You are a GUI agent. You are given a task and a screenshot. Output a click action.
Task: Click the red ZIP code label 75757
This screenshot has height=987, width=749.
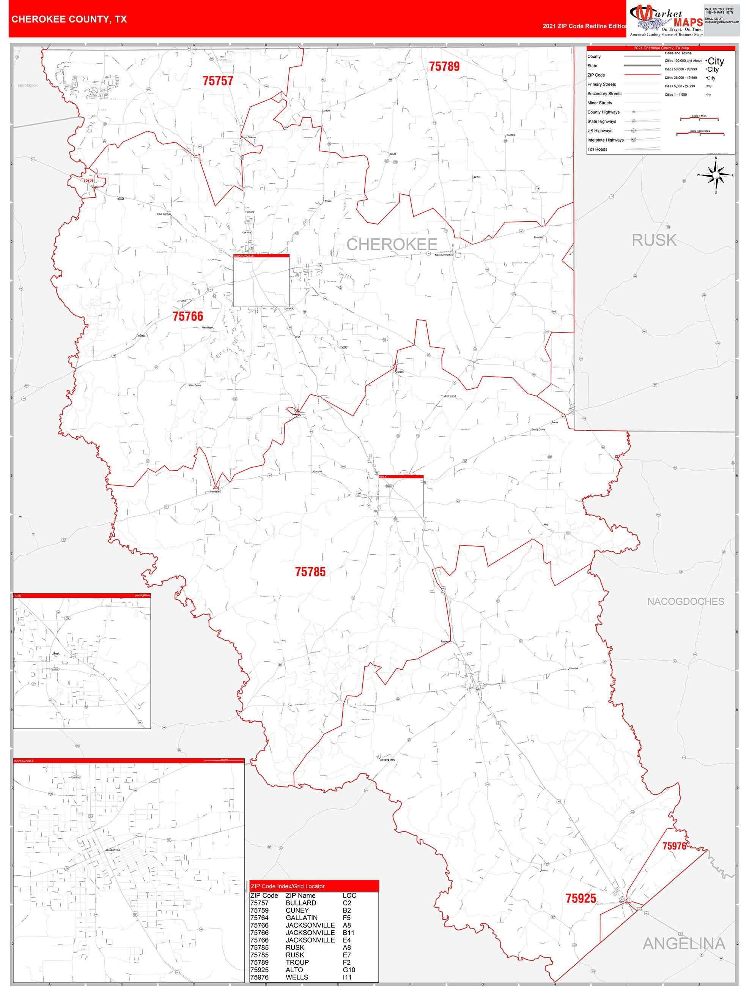pos(218,81)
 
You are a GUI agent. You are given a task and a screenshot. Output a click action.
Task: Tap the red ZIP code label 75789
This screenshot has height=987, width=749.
pos(444,66)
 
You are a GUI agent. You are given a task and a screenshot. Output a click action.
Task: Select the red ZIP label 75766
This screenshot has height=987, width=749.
pos(188,316)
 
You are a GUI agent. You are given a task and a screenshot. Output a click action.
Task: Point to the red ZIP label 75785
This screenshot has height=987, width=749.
pos(310,572)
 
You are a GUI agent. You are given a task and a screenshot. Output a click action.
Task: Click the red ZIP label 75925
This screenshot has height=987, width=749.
pos(581,898)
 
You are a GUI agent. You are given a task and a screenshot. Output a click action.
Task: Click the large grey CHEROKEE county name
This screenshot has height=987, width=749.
pos(392,244)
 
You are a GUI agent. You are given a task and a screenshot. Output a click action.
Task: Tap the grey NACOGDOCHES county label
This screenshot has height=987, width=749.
pos(685,601)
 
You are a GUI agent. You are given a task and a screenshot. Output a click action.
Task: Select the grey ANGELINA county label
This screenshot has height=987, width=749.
pos(683,944)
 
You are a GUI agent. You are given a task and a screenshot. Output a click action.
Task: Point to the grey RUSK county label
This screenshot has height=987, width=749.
pos(654,240)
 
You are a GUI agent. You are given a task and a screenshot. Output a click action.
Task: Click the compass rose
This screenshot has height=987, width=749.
pos(716,175)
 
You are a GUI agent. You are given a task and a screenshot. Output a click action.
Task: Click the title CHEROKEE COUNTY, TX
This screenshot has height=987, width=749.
pos(69,19)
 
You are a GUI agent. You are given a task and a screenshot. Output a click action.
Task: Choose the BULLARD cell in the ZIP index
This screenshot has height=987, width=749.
pos(301,903)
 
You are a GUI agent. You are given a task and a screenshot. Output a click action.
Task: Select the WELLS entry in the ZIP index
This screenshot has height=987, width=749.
pos(297,977)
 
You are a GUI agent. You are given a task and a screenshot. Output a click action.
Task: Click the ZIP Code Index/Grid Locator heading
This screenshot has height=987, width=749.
pos(288,886)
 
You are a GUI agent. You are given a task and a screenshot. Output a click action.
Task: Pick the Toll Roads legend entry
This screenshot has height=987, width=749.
pos(597,150)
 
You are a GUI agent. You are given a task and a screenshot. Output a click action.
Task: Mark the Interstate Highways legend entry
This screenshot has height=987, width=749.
pos(605,140)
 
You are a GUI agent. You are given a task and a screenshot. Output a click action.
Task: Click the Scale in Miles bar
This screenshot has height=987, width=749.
pos(699,119)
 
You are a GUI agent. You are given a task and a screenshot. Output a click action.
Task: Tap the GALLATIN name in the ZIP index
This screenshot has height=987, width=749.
pos(302,918)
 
